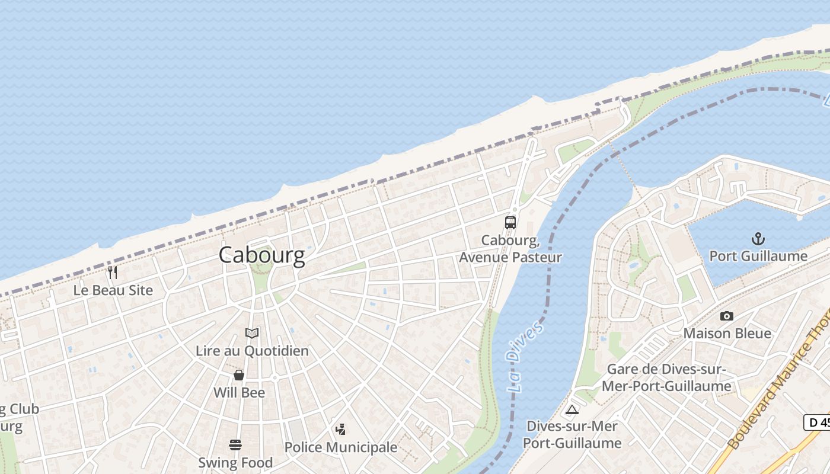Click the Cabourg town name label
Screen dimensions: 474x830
click(261, 255)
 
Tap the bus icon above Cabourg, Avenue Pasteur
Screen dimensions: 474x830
click(510, 223)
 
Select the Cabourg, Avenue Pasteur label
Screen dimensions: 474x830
click(510, 249)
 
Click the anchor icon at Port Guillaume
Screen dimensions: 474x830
click(758, 239)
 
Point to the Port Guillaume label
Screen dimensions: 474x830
click(758, 256)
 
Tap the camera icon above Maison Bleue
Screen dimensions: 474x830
click(726, 316)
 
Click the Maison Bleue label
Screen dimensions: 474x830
click(727, 333)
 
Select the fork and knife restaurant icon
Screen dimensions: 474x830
click(113, 273)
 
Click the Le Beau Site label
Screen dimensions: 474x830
click(113, 290)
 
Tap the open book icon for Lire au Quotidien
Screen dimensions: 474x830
click(252, 334)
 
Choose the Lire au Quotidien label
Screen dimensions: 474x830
click(252, 351)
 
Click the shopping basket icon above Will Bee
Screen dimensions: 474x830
click(239, 375)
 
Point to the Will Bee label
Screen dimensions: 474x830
click(239, 392)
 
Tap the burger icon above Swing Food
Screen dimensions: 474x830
click(235, 445)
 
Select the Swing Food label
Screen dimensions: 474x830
click(235, 462)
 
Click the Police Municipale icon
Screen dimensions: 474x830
click(340, 430)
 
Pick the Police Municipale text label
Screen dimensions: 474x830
click(340, 447)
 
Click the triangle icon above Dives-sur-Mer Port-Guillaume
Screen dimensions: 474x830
click(572, 409)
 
